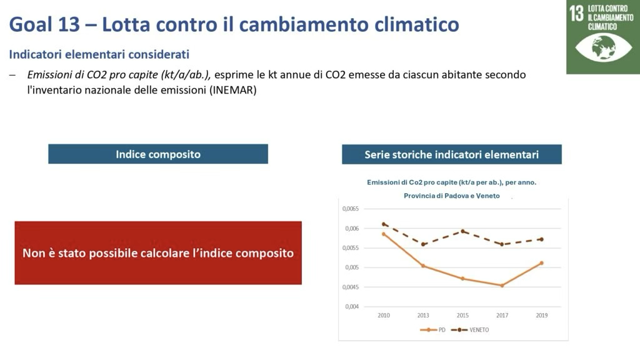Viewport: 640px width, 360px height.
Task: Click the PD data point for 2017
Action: [502, 286]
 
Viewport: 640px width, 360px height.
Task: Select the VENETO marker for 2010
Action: [384, 224]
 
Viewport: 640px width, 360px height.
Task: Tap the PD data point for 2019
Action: [541, 263]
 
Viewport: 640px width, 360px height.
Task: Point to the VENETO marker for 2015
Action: [462, 231]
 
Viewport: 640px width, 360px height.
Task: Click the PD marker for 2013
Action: [423, 266]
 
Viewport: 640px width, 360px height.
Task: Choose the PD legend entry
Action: [432, 329]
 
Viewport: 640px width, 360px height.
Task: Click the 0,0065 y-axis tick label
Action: [351, 209]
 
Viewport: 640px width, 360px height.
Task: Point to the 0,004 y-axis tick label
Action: [352, 306]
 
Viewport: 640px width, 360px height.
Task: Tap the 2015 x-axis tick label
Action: [462, 316]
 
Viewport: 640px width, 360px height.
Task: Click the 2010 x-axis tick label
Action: [384, 316]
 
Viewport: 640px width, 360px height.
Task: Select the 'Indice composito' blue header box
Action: [158, 154]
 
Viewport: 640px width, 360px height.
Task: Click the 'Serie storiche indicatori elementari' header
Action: [451, 154]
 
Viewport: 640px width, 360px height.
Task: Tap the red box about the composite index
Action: [158, 253]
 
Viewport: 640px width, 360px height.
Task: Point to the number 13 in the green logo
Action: [576, 14]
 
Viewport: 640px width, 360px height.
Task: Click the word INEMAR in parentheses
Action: [234, 90]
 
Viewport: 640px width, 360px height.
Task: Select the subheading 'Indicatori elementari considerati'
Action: [99, 54]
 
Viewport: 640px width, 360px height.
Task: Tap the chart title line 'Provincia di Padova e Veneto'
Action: [451, 196]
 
